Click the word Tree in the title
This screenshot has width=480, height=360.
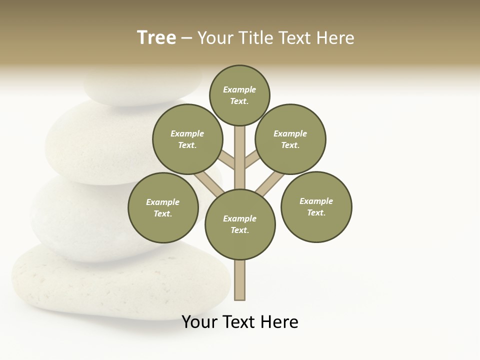coord(156,38)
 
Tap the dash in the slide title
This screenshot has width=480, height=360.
coord(186,38)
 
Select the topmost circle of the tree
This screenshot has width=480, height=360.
coord(239,95)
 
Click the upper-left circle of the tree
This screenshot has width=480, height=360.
coord(187,139)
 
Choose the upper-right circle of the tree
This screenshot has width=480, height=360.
coord(290,139)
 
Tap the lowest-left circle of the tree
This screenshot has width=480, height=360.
coord(163,208)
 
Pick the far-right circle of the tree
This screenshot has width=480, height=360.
coord(316,207)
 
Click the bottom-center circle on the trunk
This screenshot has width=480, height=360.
coord(240,224)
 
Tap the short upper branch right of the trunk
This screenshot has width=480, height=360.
coord(252,160)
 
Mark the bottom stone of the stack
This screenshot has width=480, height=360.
coord(100,285)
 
